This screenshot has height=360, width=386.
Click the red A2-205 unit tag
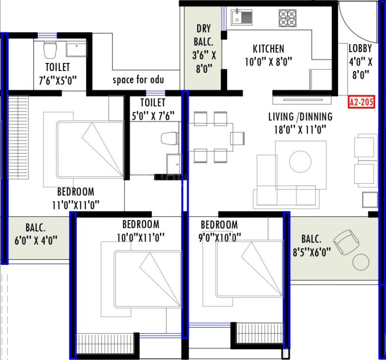(x=361, y=103)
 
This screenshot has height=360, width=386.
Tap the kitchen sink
(x=242, y=17)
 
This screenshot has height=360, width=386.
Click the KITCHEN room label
(x=268, y=49)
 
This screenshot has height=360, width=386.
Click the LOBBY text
(x=360, y=49)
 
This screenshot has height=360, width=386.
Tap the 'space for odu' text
(x=138, y=80)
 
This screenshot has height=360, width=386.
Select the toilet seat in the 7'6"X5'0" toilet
(x=50, y=50)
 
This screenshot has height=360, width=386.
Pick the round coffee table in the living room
(x=300, y=162)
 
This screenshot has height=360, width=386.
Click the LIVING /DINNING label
(x=300, y=117)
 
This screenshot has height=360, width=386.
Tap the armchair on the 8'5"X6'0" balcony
(x=346, y=242)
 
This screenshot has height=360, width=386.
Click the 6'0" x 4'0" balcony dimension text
(x=36, y=241)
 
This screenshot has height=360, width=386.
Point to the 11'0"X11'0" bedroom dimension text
(x=76, y=205)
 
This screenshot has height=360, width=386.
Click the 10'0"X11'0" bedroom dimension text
(x=141, y=237)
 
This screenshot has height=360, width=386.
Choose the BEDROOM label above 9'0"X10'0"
(x=219, y=225)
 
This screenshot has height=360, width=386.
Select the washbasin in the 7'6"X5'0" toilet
(x=76, y=49)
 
